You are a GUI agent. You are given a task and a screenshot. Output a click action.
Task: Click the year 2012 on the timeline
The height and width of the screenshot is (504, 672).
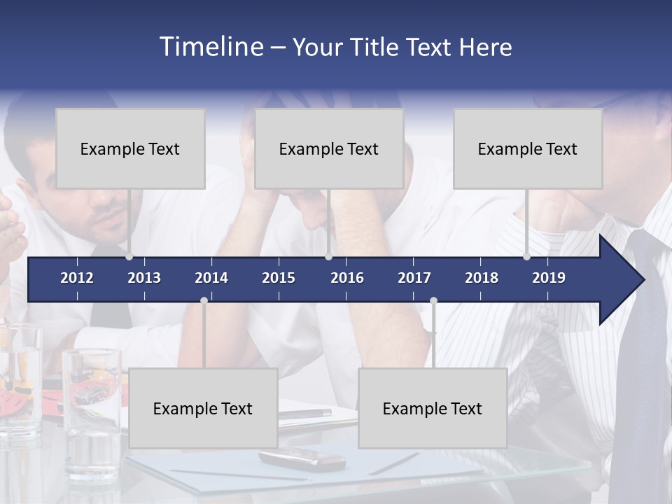pos(77,278)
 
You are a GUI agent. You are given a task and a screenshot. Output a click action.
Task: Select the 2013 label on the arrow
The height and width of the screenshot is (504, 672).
pos(144,278)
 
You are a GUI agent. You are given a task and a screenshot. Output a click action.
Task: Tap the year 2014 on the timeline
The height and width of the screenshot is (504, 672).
pos(211,278)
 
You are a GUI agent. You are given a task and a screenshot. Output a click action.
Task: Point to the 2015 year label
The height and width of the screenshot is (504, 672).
pos(279,278)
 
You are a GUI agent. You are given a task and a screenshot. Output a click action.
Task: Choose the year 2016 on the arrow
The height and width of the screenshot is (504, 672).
pos(347,278)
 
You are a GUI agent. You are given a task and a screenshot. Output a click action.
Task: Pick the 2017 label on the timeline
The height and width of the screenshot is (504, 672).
pos(414,278)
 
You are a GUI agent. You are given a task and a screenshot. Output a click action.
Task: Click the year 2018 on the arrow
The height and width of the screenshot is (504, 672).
pos(482,278)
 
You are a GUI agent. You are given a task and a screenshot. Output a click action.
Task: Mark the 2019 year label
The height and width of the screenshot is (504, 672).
pos(549,278)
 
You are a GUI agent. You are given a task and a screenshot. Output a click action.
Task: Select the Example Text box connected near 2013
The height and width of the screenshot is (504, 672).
pos(130,148)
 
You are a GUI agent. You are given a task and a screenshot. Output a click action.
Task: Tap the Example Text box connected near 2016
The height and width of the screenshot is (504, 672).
pos(329,148)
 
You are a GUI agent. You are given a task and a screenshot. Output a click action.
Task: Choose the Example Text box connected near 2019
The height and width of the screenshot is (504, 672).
pos(528,148)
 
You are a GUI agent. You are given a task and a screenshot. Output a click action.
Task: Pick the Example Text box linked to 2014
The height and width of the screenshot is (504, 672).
pos(203,408)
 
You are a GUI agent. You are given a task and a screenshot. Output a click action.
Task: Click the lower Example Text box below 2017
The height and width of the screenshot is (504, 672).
pos(433,408)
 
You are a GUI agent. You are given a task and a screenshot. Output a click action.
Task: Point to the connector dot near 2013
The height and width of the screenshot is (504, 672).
pos(129,257)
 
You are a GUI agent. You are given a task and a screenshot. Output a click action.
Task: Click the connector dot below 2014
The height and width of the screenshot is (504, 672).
pos(204,300)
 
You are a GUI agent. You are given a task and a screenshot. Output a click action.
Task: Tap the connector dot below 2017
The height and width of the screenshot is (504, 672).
pos(433,301)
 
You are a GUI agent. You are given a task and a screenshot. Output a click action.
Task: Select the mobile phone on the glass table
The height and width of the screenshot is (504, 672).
pos(302,459)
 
